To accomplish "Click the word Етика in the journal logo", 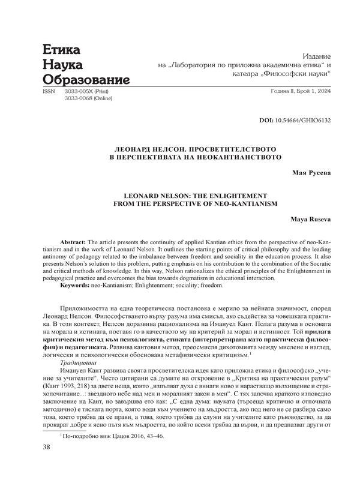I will pos(62,50).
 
